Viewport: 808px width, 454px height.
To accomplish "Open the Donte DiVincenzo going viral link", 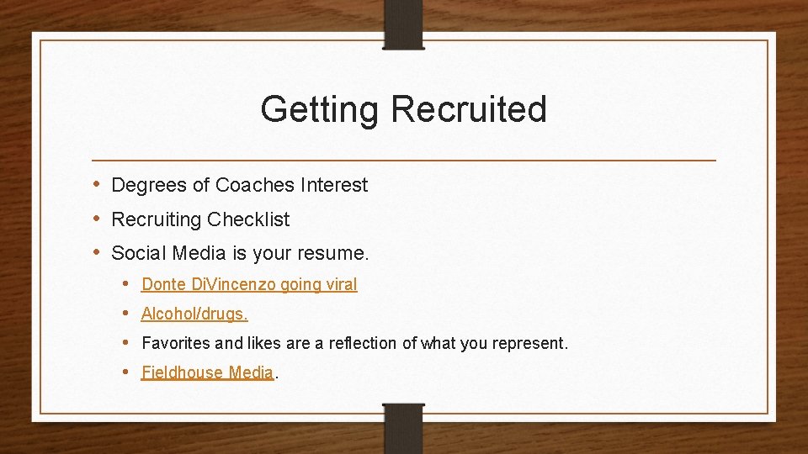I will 249,284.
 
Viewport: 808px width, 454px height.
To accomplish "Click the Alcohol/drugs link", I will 194,314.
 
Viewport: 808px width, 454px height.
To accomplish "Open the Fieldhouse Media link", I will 207,372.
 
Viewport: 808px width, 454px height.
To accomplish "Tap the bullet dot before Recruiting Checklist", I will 98,219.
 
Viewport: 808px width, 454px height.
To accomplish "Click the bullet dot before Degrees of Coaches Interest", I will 98,185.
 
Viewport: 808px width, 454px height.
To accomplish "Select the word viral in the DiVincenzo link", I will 340,284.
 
